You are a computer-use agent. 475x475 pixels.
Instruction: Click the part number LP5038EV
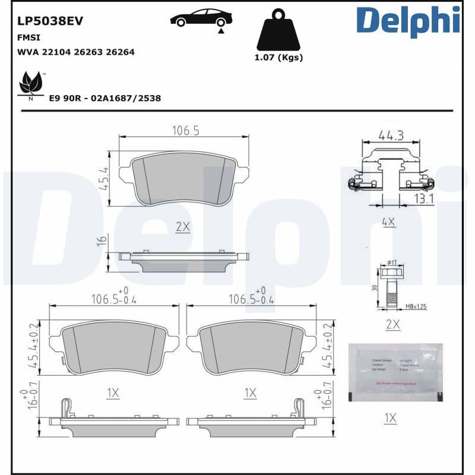coord(50,21)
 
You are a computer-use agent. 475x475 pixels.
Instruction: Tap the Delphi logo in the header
coord(408,21)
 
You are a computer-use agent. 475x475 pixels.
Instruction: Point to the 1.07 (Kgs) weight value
coord(278,58)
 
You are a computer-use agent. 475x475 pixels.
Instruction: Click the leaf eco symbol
coord(31,84)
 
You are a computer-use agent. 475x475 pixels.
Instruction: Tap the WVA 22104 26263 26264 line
coord(76,52)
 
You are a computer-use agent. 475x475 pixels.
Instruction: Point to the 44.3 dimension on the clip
coord(391,135)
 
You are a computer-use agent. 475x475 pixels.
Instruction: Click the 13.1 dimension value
coord(424,199)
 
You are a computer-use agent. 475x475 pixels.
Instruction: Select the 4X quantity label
coord(388,222)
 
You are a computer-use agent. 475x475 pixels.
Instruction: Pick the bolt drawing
coord(391,288)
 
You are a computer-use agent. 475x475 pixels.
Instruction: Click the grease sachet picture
coord(395,373)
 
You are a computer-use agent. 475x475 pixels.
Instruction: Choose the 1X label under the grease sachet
coord(389,418)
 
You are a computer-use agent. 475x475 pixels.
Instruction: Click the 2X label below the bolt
coord(392,325)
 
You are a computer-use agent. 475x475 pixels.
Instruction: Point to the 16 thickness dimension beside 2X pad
coord(102,240)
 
